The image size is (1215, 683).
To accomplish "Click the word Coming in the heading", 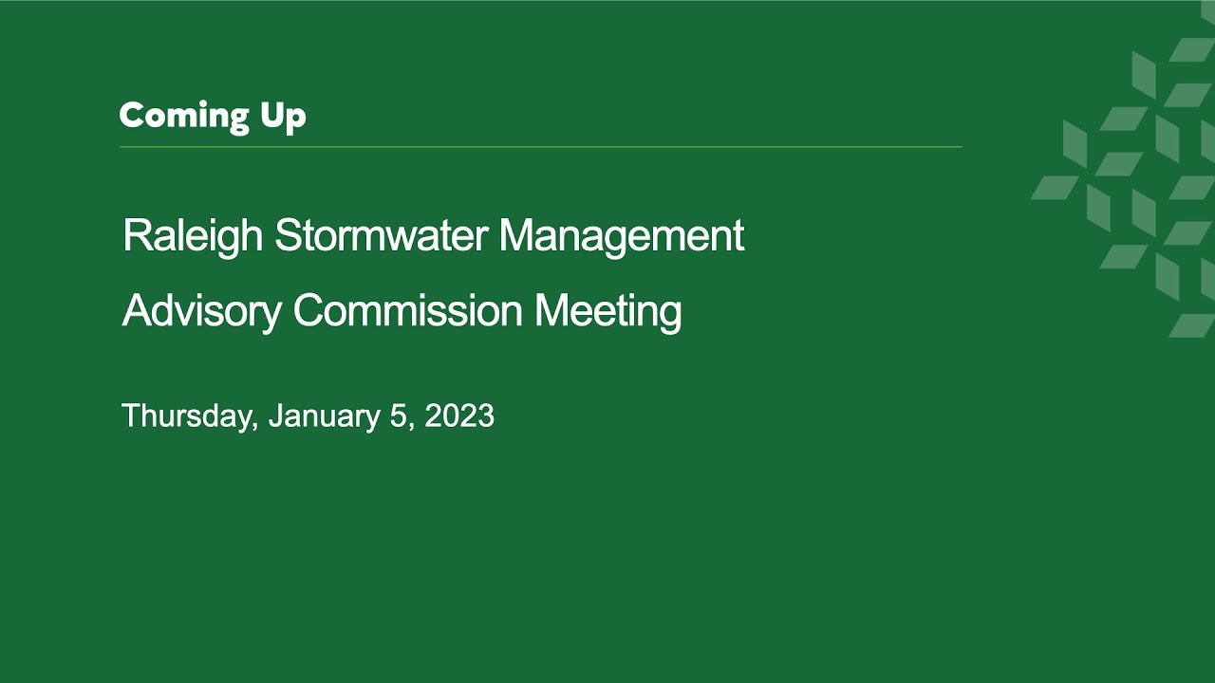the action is point(184,117).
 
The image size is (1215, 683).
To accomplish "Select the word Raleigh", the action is point(193,237).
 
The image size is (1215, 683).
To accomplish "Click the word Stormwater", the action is point(382,236).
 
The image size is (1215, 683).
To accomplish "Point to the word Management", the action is point(622,237).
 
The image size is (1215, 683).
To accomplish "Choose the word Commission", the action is point(408,310).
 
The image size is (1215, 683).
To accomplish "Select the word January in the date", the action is point(325,416).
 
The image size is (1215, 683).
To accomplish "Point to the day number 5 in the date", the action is point(398,415).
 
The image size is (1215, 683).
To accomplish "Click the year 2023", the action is point(459,415).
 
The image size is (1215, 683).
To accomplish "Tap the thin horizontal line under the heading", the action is point(541,146).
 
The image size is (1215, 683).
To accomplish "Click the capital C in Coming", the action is point(132,115).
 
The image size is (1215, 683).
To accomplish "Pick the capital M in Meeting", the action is point(552,309).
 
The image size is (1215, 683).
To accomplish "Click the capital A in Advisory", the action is point(138,309).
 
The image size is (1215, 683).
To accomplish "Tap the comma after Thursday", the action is point(255,426).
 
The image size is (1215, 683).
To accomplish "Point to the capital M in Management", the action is point(516,234).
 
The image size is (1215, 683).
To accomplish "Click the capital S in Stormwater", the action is point(289,234).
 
